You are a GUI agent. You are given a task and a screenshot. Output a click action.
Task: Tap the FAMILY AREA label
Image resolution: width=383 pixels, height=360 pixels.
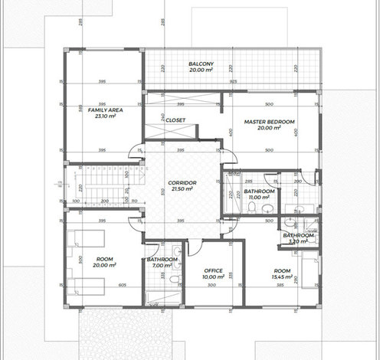coord(100,110)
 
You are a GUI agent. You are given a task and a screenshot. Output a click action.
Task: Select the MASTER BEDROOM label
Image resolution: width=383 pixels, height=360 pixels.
coord(269,122)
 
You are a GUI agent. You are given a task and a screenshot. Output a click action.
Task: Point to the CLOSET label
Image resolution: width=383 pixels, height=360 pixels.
coord(176,119)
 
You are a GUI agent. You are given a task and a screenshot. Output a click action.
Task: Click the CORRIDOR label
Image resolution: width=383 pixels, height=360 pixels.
coord(183,182)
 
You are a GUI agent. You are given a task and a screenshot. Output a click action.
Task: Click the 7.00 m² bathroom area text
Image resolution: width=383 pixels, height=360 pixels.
coord(162,266)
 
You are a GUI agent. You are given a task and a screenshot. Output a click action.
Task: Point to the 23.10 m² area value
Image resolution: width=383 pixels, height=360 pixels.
coord(100,116)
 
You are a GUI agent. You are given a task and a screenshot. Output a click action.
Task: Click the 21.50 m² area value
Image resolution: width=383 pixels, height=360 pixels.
coord(183,188)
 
